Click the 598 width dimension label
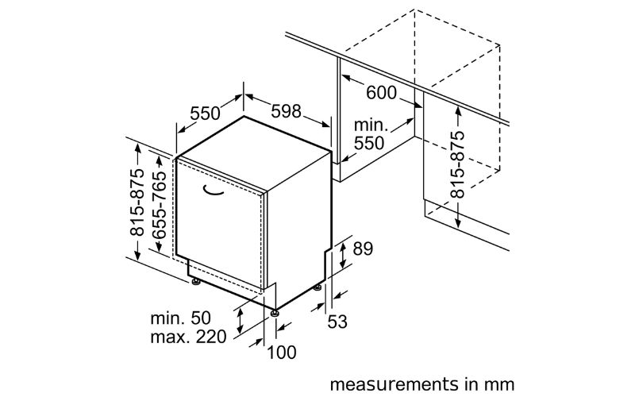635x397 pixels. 286,111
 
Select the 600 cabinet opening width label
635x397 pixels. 381,93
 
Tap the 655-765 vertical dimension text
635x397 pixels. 159,205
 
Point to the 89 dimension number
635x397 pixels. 363,249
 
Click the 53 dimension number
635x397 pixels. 337,322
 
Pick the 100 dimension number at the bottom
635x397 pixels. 282,353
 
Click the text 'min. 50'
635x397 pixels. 181,318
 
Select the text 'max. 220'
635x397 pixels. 188,337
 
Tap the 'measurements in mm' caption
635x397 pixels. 422,384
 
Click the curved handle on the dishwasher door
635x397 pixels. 214,190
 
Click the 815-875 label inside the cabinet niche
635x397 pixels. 457,164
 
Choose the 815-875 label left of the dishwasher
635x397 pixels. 137,202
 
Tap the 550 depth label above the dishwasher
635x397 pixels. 205,114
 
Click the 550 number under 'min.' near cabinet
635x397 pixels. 369,143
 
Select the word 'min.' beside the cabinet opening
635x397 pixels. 371,125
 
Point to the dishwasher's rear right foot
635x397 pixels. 317,287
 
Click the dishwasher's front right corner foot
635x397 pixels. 275,313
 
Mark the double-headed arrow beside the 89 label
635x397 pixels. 343,255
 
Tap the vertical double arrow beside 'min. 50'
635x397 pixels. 241,320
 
